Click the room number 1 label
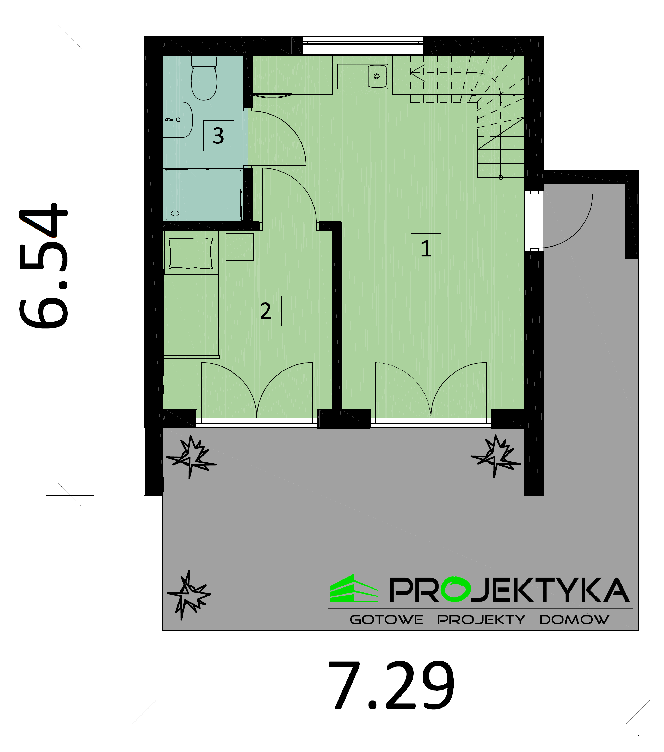click(x=426, y=249)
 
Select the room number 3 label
click(x=218, y=136)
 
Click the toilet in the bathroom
click(x=204, y=78)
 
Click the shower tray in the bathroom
click(x=203, y=195)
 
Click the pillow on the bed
click(x=191, y=253)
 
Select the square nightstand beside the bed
click(x=240, y=247)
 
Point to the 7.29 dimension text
click(x=391, y=685)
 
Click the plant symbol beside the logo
click(x=189, y=595)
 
